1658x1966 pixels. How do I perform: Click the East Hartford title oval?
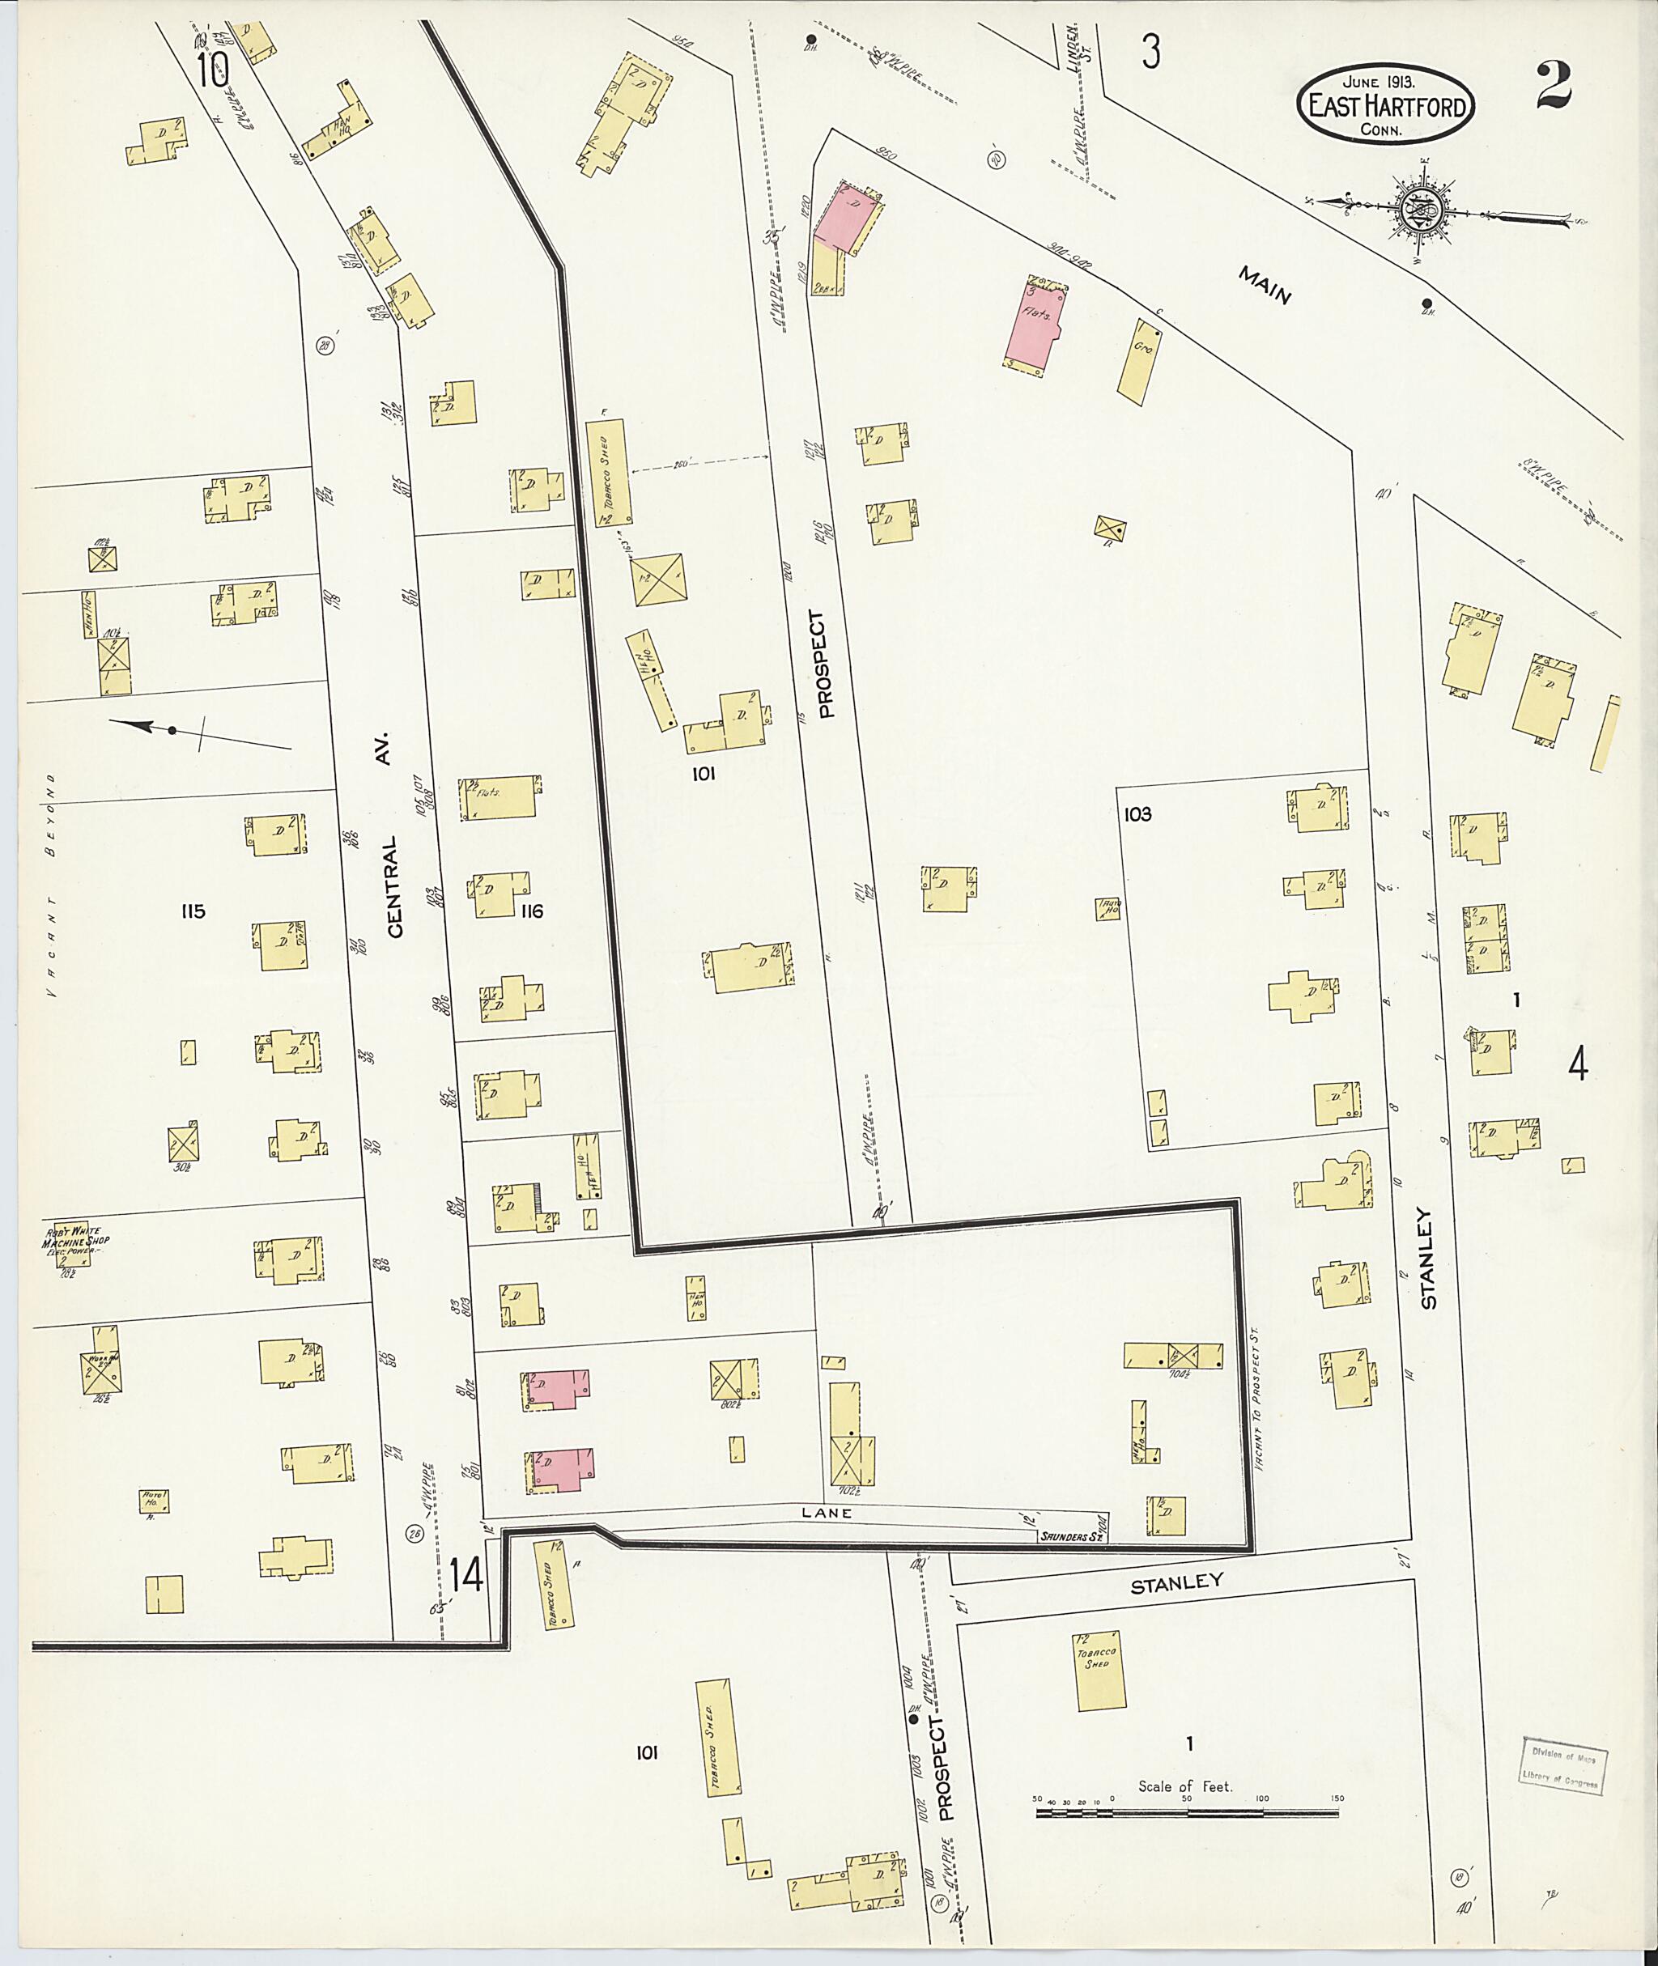pos(1385,105)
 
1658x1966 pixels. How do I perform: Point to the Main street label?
pos(1265,286)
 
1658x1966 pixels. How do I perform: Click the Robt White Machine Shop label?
pos(74,1241)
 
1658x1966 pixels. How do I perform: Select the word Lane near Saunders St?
pos(827,1513)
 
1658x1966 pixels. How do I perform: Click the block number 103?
pos(1137,814)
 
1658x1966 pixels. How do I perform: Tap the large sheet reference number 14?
pos(466,1574)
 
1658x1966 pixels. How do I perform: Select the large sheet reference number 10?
pos(214,69)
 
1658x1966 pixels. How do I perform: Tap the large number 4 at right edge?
pos(1577,1065)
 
